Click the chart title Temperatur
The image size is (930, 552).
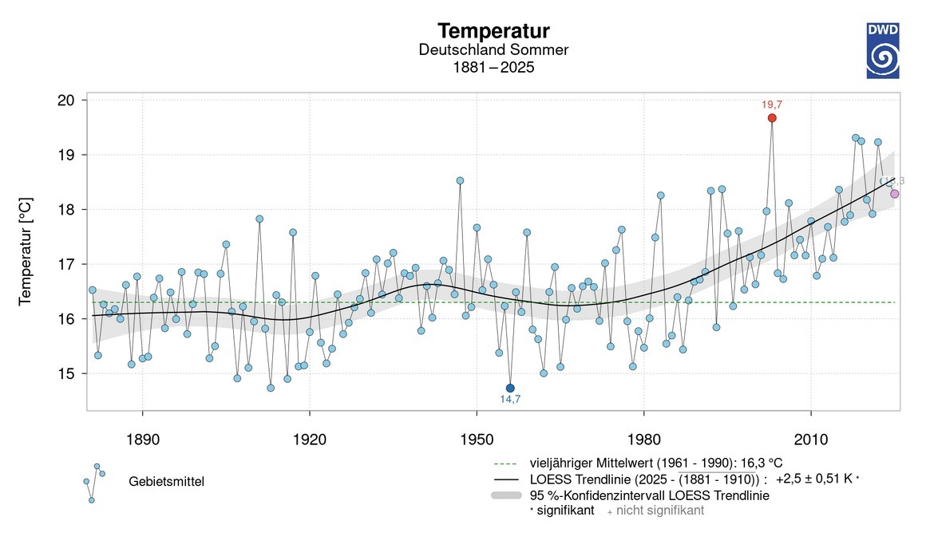coord(493,32)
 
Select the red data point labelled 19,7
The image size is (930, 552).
coord(772,118)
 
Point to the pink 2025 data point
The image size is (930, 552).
coord(895,194)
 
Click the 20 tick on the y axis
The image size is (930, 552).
coord(66,101)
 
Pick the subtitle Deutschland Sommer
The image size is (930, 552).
coord(493,50)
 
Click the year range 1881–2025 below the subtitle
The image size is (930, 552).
coord(493,68)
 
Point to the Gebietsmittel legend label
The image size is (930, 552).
coord(166,482)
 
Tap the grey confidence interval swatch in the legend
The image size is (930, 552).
coord(506,495)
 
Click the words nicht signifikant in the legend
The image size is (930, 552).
coord(660,511)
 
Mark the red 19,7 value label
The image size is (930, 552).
coord(772,104)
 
